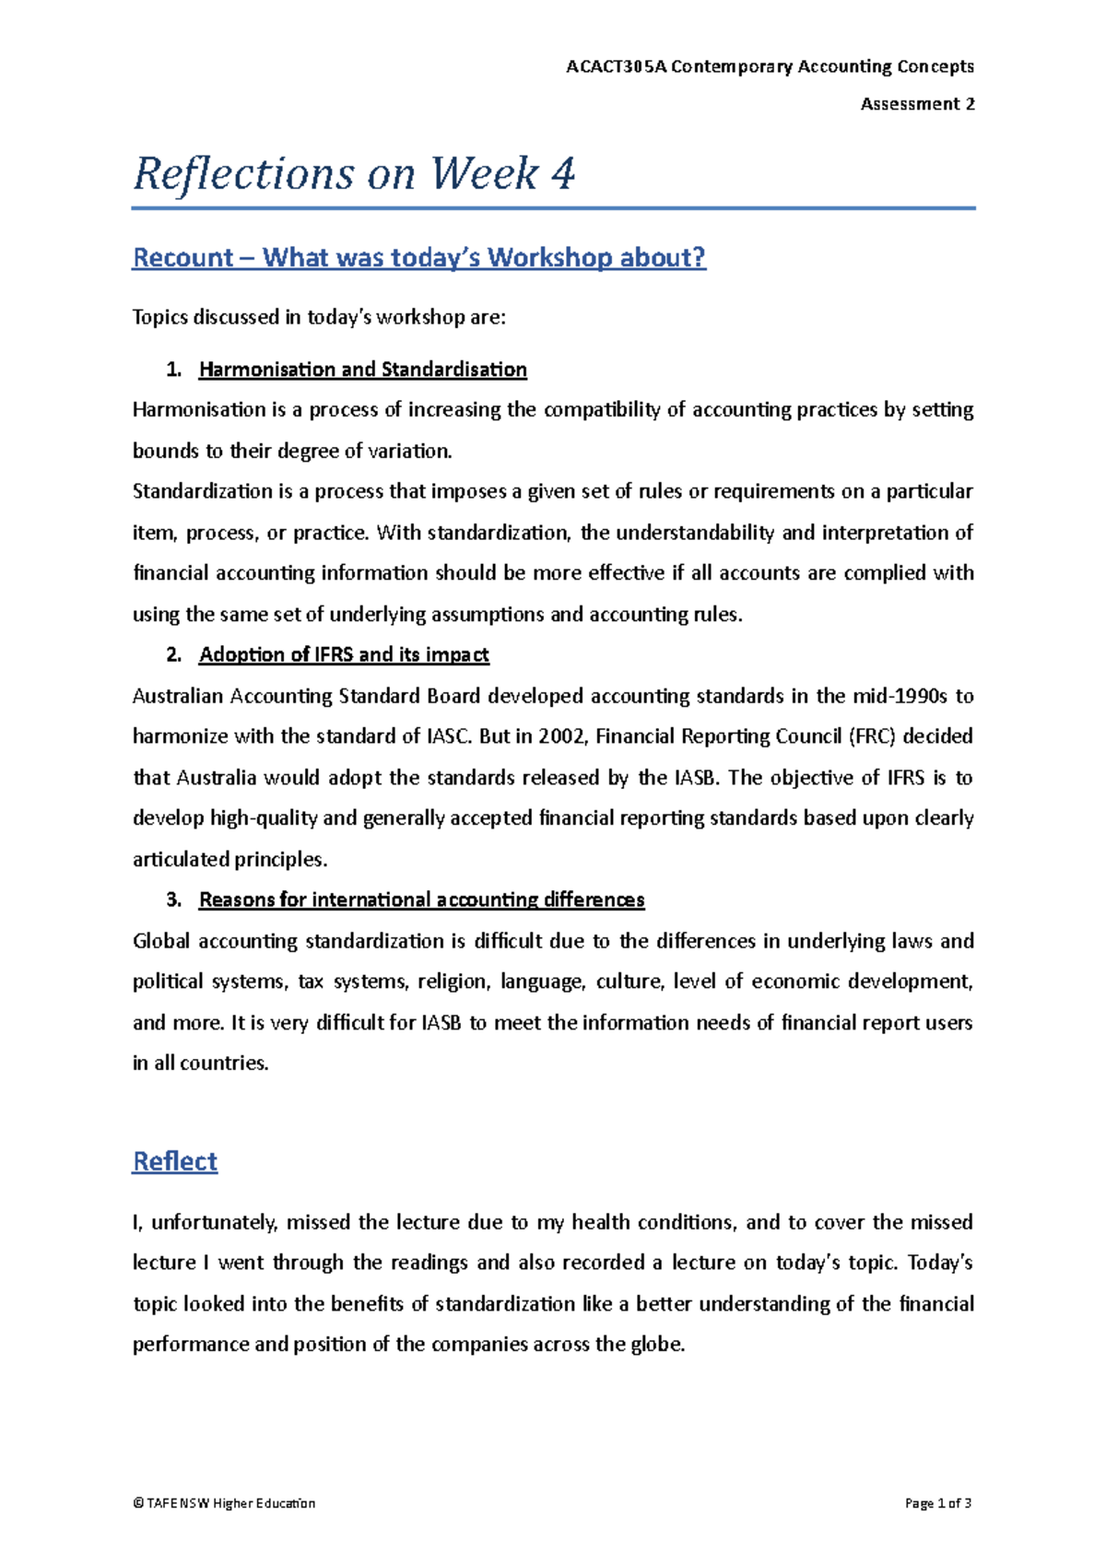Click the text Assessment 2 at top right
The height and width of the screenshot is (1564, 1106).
[917, 104]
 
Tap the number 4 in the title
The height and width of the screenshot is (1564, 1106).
[562, 173]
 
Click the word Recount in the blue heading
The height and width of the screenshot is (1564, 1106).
[183, 257]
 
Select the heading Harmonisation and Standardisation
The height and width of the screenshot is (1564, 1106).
[362, 370]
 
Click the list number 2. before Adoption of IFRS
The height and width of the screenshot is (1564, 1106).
[173, 654]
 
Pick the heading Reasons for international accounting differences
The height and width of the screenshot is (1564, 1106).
[421, 900]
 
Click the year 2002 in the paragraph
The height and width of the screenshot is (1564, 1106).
[560, 736]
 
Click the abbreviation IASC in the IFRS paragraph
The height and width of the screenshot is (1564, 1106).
[450, 736]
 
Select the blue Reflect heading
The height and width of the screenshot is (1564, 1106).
[175, 1161]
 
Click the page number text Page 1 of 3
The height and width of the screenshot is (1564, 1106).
[938, 1503]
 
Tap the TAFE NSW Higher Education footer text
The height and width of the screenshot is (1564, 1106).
[224, 1503]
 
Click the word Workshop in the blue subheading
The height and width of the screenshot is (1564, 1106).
[549, 257]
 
